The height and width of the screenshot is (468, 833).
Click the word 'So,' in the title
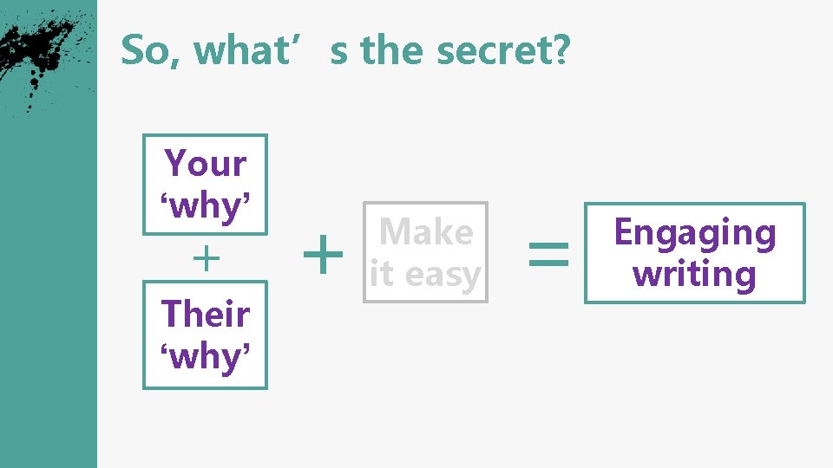coord(144,51)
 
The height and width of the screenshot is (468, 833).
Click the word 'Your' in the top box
coord(206,164)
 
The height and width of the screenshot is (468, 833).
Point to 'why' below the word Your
coord(206,206)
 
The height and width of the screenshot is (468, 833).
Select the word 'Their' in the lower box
coord(206,314)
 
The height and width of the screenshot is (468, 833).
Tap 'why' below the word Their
coord(206,355)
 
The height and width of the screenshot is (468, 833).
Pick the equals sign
coord(548,254)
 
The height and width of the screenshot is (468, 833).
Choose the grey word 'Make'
coord(426,232)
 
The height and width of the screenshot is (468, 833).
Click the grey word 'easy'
coord(443,275)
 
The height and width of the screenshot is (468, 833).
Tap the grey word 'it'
coord(381,275)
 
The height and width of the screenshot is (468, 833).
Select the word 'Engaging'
coord(694,233)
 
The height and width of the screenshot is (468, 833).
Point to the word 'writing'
coord(694,274)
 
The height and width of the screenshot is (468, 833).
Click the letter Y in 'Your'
coord(175,164)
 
